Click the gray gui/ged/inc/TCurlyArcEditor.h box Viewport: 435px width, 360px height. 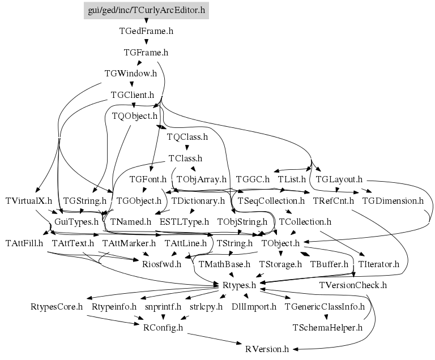(146, 10)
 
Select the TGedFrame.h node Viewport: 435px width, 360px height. (146, 31)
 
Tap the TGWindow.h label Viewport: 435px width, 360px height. (131, 74)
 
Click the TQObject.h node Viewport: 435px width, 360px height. (134, 116)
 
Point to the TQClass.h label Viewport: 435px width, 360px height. (187, 137)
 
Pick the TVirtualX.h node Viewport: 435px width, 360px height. (29, 200)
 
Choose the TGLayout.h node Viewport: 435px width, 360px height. (339, 179)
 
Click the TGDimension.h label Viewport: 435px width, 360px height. (393, 200)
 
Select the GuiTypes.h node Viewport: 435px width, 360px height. (76, 221)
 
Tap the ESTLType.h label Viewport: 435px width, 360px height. (184, 221)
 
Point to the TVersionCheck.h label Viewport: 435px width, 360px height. (353, 285)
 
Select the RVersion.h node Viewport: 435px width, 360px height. (267, 349)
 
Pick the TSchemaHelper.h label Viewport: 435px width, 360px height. (327, 327)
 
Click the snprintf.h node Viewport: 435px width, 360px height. (163, 306)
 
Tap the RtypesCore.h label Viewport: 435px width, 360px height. (57, 306)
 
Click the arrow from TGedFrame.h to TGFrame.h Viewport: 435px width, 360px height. (146, 42)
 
